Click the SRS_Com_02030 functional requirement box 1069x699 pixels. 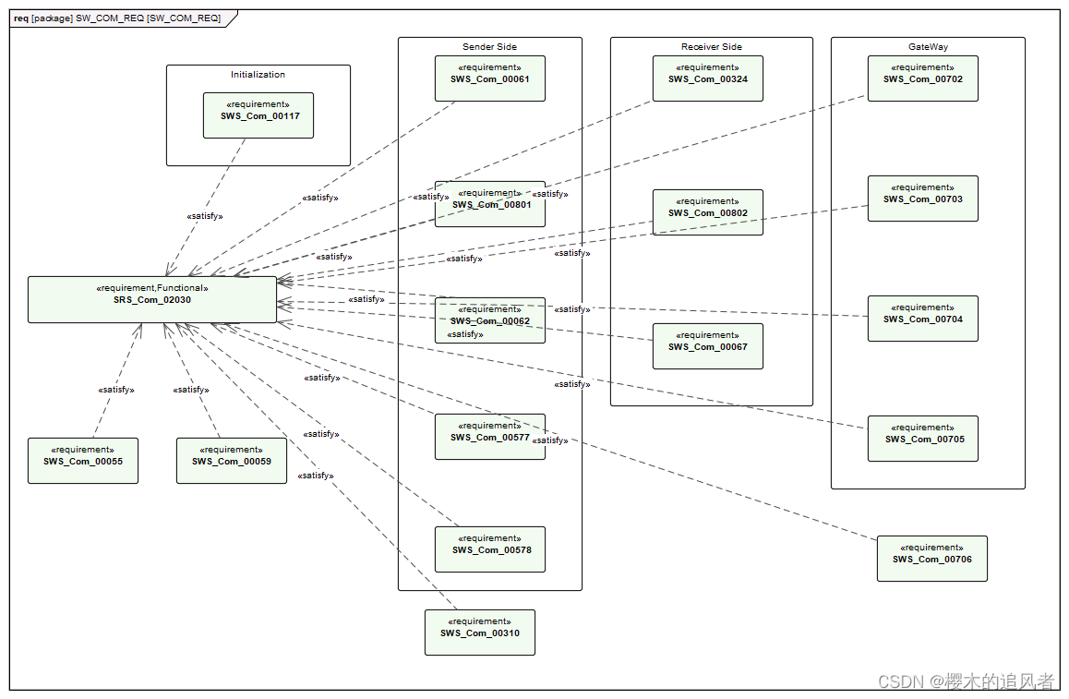coord(152,299)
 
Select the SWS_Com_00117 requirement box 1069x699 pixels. coord(258,115)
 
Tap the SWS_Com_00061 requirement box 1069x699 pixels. coord(490,78)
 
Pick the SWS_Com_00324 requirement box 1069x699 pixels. coord(708,78)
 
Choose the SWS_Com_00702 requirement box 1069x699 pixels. coord(922,78)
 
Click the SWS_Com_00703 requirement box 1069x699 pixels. coord(922,199)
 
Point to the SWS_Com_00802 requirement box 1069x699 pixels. coord(708,212)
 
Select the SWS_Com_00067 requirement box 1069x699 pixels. coord(708,346)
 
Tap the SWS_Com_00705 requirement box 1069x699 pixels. coord(922,439)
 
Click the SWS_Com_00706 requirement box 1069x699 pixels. coord(931,559)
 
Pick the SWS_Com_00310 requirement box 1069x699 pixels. coord(479,633)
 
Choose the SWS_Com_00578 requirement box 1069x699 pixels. coord(490,549)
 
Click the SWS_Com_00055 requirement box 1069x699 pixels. coord(83,461)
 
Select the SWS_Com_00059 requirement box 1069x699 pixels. coord(232,461)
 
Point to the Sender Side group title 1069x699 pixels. coord(489,47)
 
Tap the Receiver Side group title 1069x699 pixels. coord(711,47)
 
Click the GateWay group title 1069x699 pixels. coord(928,47)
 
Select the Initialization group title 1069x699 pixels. coord(258,75)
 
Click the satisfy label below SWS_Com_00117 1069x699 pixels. coord(205,216)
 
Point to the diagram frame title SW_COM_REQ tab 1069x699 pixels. coord(117,18)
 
